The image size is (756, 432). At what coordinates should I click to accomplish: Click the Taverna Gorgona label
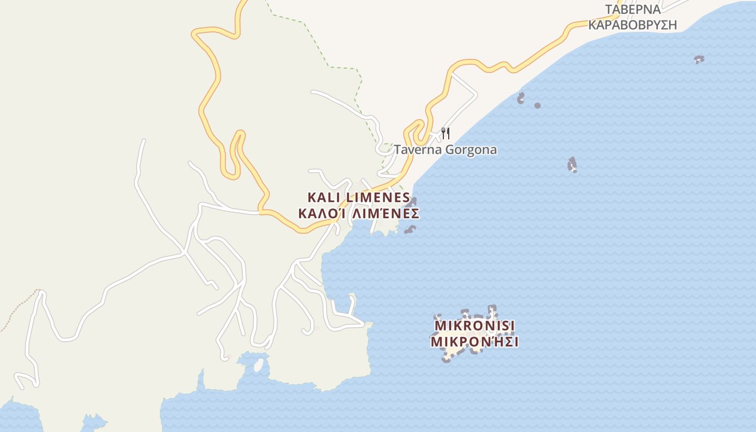coord(445,150)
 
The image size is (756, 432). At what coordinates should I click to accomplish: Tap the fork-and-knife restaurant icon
coord(446,133)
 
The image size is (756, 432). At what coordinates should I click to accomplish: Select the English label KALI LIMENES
coord(359,198)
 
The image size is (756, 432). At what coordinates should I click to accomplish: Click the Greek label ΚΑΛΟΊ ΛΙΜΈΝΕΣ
coord(359,214)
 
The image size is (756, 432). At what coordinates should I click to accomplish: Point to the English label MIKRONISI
coord(475,326)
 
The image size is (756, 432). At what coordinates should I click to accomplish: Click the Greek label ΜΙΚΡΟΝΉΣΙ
coord(475,342)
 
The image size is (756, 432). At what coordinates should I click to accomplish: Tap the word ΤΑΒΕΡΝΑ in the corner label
coord(632,10)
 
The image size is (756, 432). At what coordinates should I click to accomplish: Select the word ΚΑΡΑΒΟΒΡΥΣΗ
coord(632,25)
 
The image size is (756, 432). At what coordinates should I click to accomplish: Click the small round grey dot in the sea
coord(537,105)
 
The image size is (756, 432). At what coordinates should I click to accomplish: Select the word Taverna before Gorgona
coord(415,150)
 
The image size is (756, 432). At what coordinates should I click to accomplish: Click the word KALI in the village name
coord(323,198)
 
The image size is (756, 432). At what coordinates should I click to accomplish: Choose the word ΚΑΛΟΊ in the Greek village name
coord(321,214)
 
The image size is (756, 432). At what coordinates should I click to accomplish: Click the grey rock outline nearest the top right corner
coord(699,59)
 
